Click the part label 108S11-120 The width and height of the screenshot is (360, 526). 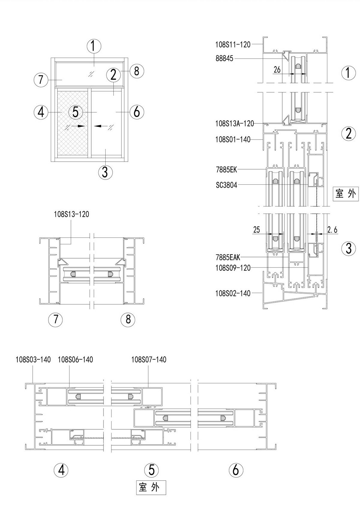pos(233,44)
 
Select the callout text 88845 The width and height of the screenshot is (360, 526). pos(224,59)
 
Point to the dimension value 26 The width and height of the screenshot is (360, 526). pos(277,70)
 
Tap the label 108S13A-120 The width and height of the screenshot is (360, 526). pos(235,123)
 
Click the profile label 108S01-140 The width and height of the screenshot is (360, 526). pos(233,139)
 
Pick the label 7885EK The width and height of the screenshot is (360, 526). pos(226,170)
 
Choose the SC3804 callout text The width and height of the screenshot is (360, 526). pos(226,185)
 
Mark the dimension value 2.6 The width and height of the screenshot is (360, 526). pos(332,230)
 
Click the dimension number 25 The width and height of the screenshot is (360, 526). pos(256,230)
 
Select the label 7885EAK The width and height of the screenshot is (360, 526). pos(228,257)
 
